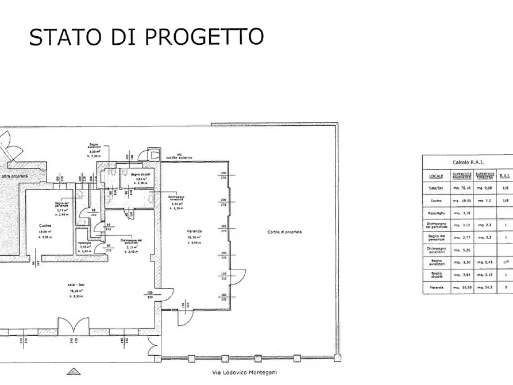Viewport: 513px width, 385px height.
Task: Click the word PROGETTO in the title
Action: (205, 36)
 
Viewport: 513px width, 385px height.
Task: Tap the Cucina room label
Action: (46, 225)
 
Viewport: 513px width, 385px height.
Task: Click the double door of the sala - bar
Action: (74, 328)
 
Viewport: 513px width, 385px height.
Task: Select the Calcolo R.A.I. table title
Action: (468, 163)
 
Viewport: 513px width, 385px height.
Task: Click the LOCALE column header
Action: (435, 176)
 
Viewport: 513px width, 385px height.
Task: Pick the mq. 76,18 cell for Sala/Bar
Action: (462, 187)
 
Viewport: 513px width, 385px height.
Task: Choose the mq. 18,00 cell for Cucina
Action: (462, 200)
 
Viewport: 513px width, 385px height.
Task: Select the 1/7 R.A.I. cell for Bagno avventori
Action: (505, 261)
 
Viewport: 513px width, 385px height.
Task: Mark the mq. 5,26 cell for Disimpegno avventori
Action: (462, 249)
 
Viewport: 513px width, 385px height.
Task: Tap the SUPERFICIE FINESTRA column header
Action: (485, 176)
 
